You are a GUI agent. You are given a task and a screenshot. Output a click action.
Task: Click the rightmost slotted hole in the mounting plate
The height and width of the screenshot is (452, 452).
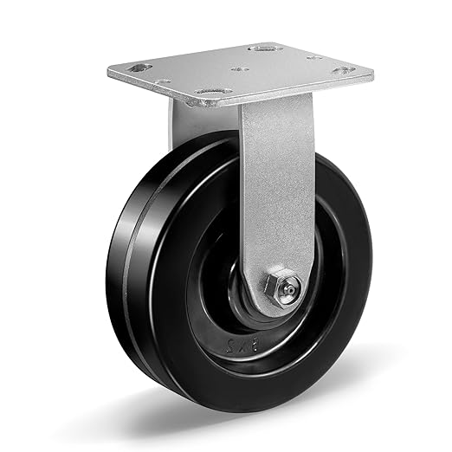tap(344, 68)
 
